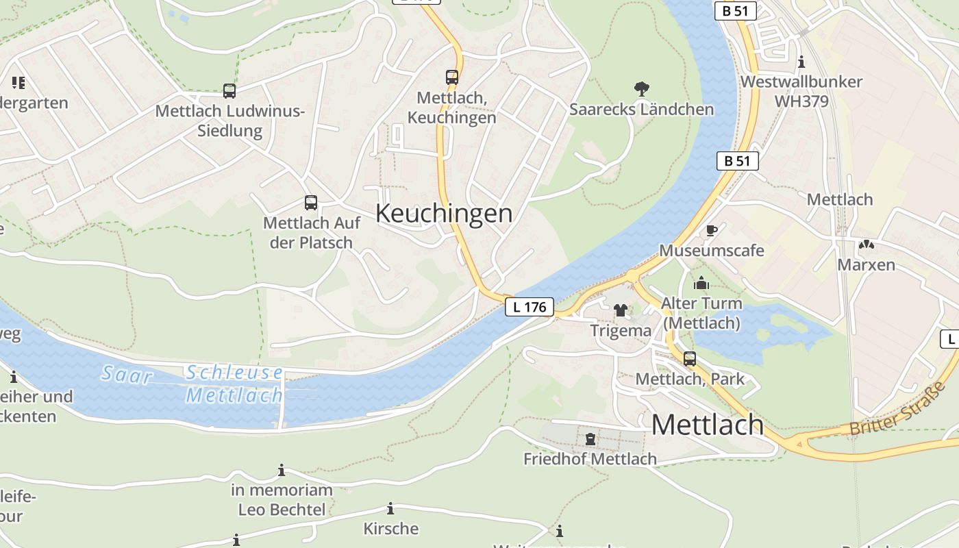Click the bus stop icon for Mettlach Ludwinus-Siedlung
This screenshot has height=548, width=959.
229,91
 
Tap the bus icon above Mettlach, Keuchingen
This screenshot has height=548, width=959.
452,77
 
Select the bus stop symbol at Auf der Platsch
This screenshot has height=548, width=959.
311,203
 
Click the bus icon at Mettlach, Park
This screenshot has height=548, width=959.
690,359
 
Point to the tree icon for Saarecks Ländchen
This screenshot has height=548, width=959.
642,88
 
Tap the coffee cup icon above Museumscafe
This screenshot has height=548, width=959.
711,230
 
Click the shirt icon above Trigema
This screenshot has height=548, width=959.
621,310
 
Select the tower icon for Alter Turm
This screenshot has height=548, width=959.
701,283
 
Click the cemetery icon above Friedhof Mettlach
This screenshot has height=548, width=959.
590,438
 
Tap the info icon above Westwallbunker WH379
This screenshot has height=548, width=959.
801,62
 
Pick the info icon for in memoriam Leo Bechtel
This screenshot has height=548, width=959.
282,471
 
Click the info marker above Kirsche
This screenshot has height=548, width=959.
390,508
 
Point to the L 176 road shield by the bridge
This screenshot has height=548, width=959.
530,307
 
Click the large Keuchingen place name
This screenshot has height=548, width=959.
444,213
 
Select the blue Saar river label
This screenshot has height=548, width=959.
127,374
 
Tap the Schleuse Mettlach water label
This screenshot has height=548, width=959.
234,384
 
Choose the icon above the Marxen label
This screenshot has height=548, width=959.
866,245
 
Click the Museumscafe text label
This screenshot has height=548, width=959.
711,250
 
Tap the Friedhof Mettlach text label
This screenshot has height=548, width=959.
590,459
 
